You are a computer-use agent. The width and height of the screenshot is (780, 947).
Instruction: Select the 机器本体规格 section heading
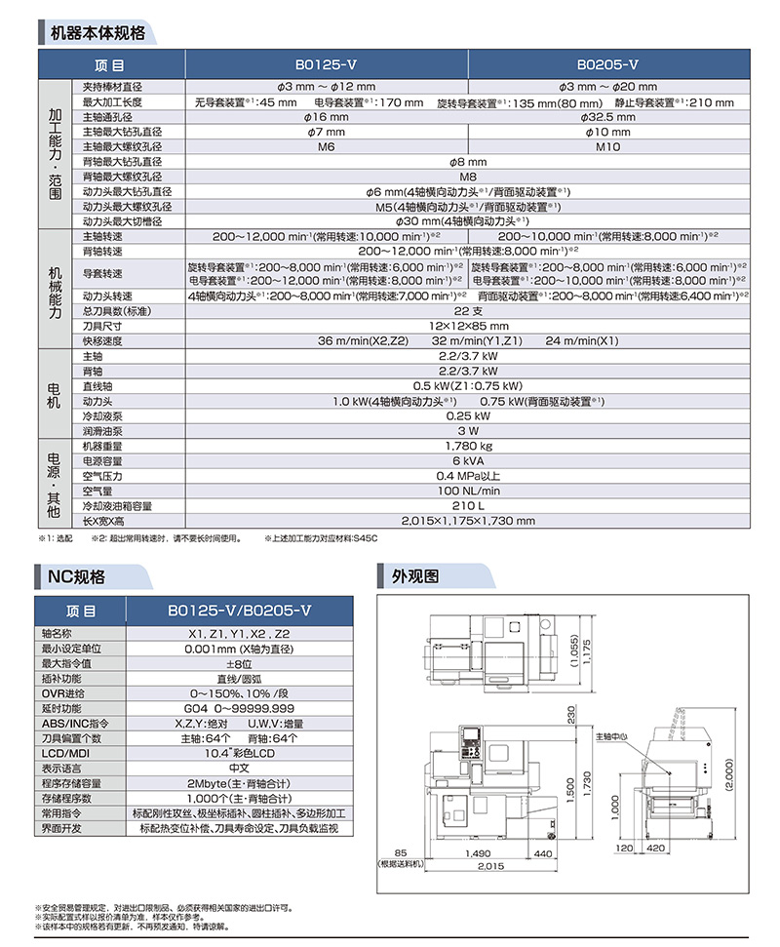tap(97, 32)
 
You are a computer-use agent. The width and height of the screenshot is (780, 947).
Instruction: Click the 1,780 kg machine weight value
tap(468, 446)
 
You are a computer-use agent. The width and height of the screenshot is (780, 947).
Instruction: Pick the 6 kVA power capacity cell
tap(468, 460)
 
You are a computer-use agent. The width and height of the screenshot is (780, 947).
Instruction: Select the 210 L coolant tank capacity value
tap(468, 506)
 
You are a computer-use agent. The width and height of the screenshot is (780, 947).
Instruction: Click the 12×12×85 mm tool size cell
tap(468, 326)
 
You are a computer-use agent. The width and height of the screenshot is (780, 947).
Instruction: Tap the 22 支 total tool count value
tap(468, 311)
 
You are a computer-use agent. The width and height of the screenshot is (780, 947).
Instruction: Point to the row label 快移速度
tap(102, 340)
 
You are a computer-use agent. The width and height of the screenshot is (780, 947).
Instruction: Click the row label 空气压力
tap(102, 476)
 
